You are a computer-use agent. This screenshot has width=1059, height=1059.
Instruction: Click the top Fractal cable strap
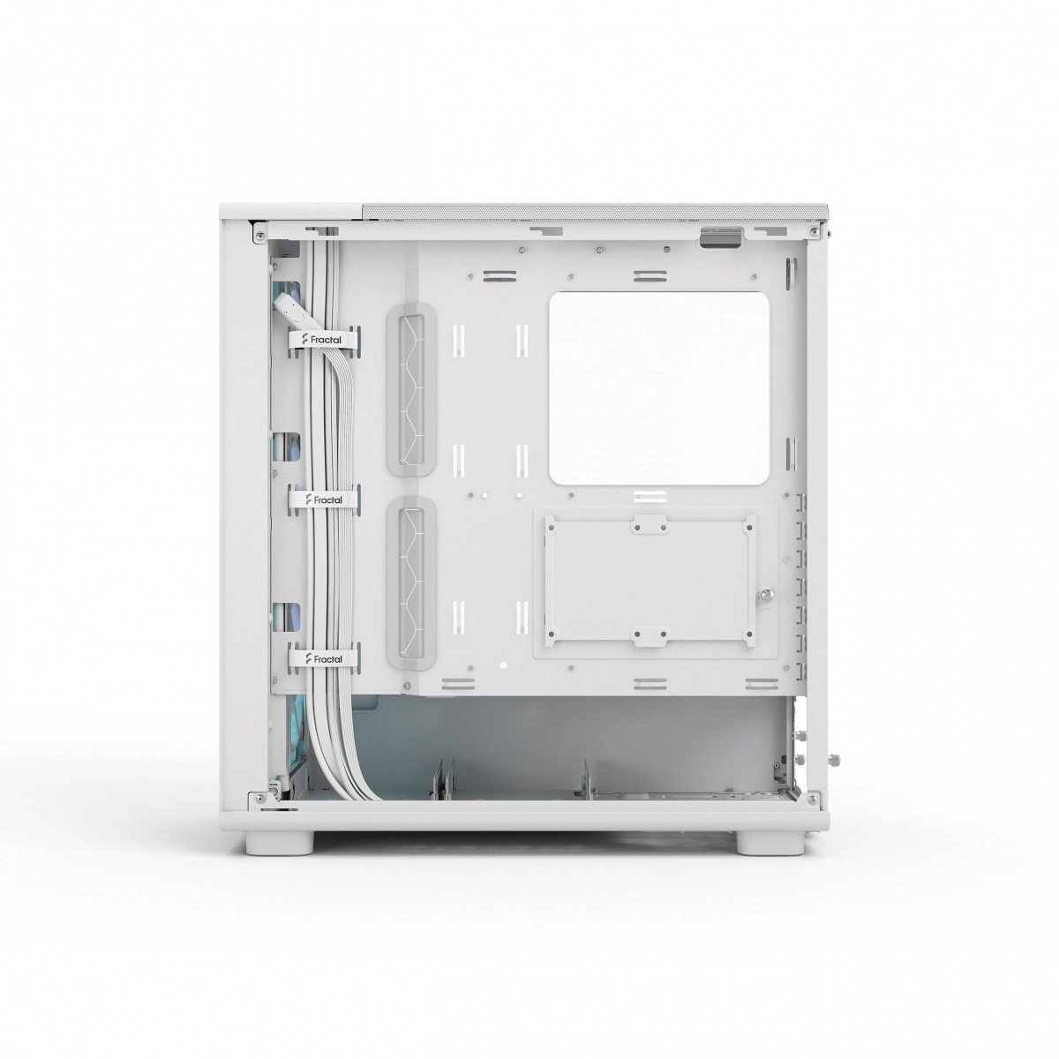click(323, 340)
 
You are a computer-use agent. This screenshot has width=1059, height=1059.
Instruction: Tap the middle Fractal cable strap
click(323, 499)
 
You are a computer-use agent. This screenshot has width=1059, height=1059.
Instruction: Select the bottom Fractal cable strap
click(323, 658)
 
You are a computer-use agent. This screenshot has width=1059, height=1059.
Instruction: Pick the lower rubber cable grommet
click(411, 583)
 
